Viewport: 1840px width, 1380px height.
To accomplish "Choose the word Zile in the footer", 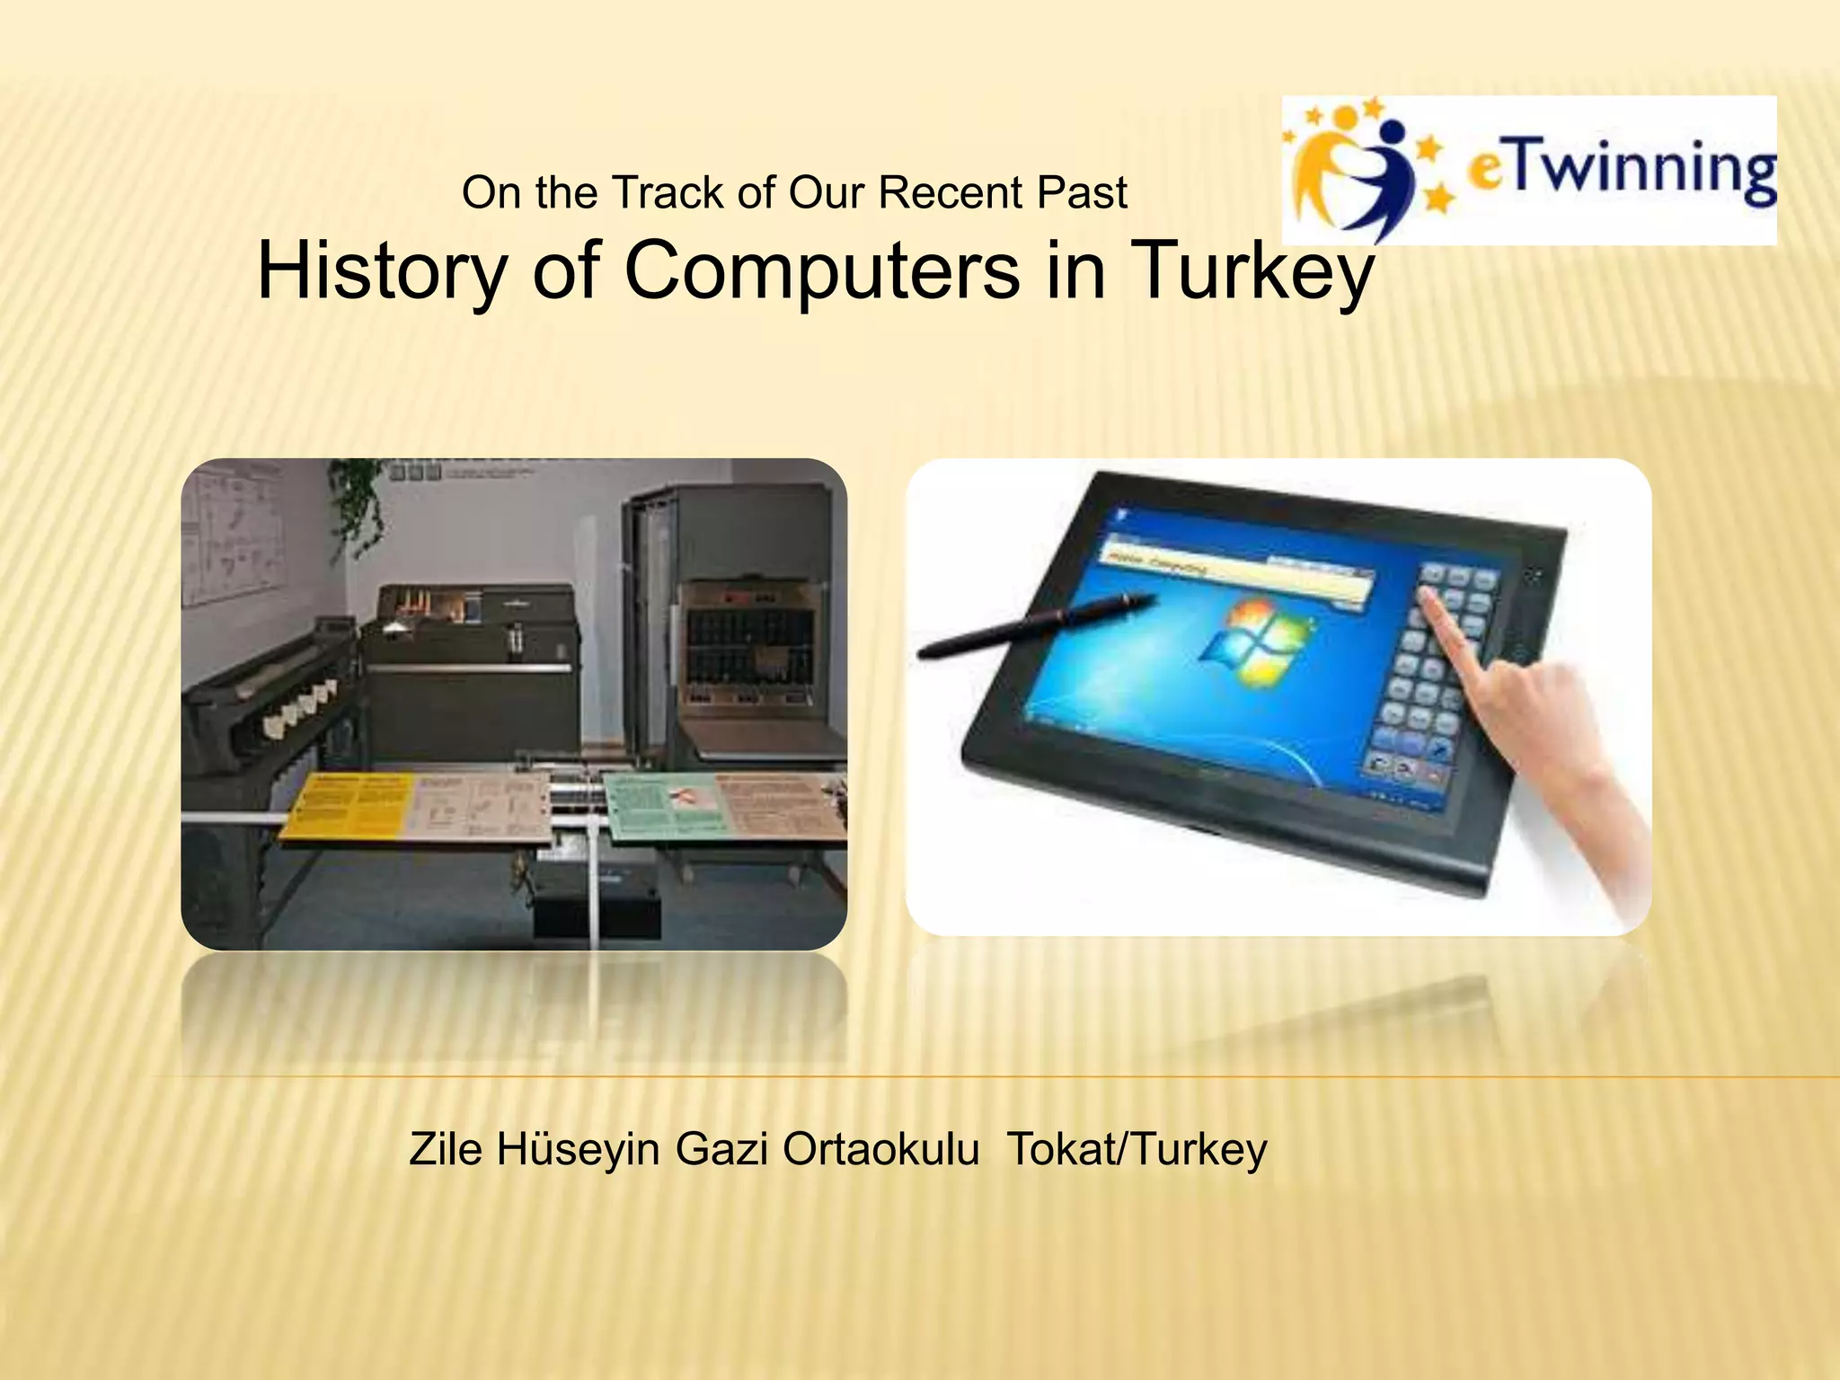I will point(445,1148).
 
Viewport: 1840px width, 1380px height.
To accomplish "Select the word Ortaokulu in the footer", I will point(880,1148).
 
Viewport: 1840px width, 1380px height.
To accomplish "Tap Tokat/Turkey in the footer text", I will point(1137,1148).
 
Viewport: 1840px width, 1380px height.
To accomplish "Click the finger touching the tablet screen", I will point(1446,629).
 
